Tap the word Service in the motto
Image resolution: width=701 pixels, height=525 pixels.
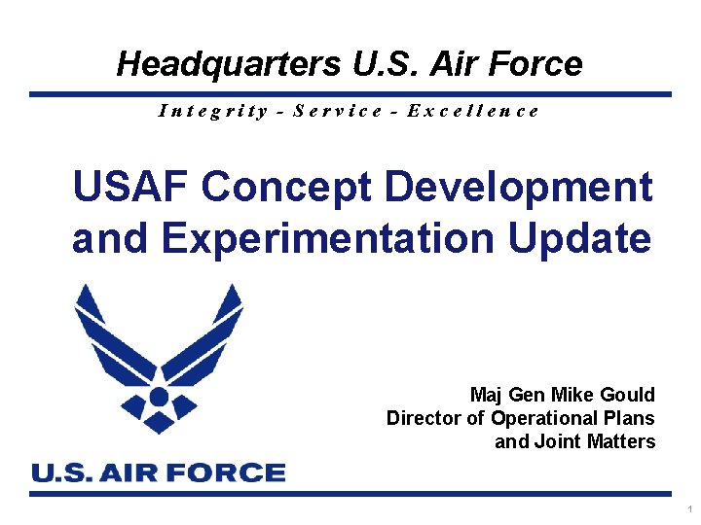coord(338,111)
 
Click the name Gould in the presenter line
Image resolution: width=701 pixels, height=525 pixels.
coord(629,395)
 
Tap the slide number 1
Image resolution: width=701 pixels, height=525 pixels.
coord(689,509)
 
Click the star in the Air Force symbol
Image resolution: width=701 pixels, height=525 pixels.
coord(159,397)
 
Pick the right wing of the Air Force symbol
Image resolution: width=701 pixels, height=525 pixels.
coord(208,335)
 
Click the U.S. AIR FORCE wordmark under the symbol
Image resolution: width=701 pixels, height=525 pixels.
coord(159,473)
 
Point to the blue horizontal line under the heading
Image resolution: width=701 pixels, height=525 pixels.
coord(350,94)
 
